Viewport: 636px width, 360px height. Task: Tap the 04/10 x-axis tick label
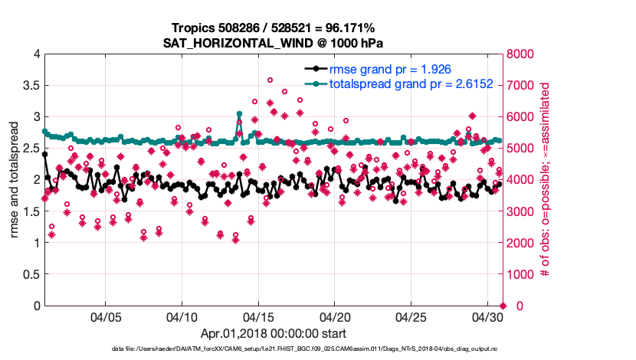pyautogui.click(x=182, y=316)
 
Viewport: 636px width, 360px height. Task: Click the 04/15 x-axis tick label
pyautogui.click(x=258, y=316)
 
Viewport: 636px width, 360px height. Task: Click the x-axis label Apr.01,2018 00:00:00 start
pyautogui.click(x=274, y=333)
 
